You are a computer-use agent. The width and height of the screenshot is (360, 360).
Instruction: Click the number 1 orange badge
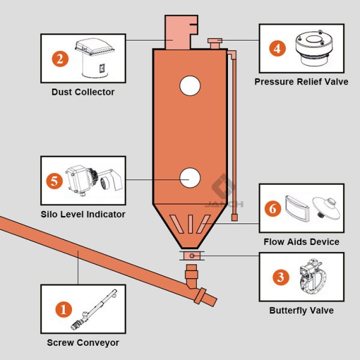tap(64, 310)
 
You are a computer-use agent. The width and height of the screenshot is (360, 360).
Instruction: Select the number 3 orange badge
tap(281, 277)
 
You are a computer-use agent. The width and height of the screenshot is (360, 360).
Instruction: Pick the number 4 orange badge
tap(277, 48)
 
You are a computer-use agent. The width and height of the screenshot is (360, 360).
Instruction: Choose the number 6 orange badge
tap(274, 209)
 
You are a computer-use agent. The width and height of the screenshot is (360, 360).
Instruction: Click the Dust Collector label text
tap(83, 92)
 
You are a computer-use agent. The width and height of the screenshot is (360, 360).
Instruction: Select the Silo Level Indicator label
tap(83, 214)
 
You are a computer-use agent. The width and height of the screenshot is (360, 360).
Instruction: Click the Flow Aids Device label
tap(301, 242)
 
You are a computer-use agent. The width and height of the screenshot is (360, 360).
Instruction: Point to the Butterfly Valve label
tap(301, 310)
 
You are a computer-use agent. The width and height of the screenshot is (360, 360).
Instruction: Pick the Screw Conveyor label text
tap(83, 343)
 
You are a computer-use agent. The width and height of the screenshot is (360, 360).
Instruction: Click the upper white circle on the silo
tap(190, 86)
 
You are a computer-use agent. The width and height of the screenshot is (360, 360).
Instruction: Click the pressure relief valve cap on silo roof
tap(215, 41)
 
